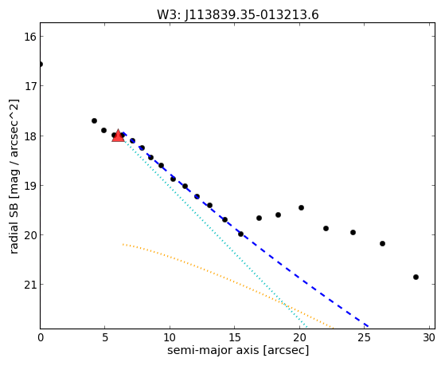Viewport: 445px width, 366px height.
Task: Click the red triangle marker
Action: click(x=118, y=136)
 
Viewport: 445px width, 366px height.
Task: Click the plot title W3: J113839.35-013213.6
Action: click(x=238, y=15)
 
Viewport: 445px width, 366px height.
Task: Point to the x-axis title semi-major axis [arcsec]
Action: click(x=238, y=350)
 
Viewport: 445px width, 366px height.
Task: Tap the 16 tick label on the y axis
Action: click(x=29, y=37)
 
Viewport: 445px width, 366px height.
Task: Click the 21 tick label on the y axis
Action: click(x=29, y=285)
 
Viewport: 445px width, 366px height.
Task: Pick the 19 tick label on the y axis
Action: click(x=29, y=186)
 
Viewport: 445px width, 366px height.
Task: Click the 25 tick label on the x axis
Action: click(x=364, y=337)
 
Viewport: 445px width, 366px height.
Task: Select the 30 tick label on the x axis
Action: click(x=429, y=337)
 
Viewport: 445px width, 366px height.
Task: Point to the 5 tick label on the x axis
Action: click(x=105, y=337)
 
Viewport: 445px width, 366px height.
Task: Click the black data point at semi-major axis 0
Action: click(x=41, y=65)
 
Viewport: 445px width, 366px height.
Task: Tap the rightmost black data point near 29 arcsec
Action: click(x=416, y=277)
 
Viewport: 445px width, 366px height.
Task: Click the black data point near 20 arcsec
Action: click(x=301, y=208)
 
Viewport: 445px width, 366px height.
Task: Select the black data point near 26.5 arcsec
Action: click(x=382, y=244)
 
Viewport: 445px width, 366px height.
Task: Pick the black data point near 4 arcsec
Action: click(x=94, y=121)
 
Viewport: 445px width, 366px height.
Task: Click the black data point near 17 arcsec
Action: click(x=259, y=218)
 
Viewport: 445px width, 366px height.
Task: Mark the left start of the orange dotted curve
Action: click(x=123, y=244)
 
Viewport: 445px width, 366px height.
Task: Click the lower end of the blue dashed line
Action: click(x=368, y=326)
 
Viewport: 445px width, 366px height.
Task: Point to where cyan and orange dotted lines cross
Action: click(x=286, y=305)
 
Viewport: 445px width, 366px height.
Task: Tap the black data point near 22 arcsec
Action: click(x=326, y=228)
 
